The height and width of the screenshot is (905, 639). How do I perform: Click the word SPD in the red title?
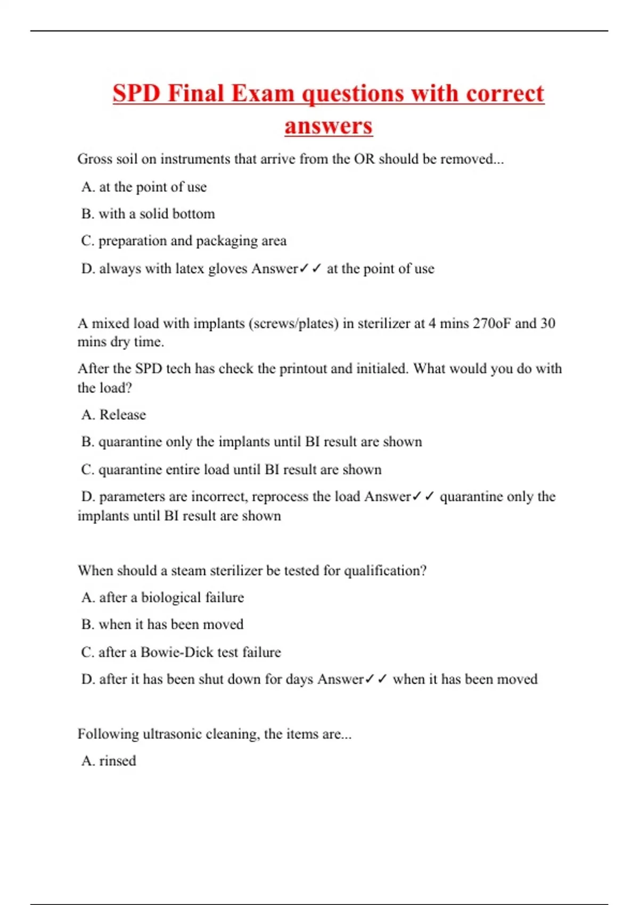tap(136, 94)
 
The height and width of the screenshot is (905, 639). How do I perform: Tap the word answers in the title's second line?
tap(328, 126)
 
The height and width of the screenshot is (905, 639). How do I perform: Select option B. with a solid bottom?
tap(148, 213)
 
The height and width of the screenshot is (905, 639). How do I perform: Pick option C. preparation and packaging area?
tap(184, 241)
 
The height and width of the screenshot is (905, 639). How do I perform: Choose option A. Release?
tap(113, 414)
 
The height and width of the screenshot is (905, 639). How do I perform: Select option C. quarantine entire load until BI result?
tap(231, 469)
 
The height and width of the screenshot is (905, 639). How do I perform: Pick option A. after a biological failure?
tap(162, 597)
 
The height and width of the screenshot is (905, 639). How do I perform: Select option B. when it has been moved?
tap(162, 624)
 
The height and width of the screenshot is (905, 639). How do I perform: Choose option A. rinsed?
tap(109, 760)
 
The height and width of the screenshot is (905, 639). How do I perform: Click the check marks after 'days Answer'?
tap(376, 679)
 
